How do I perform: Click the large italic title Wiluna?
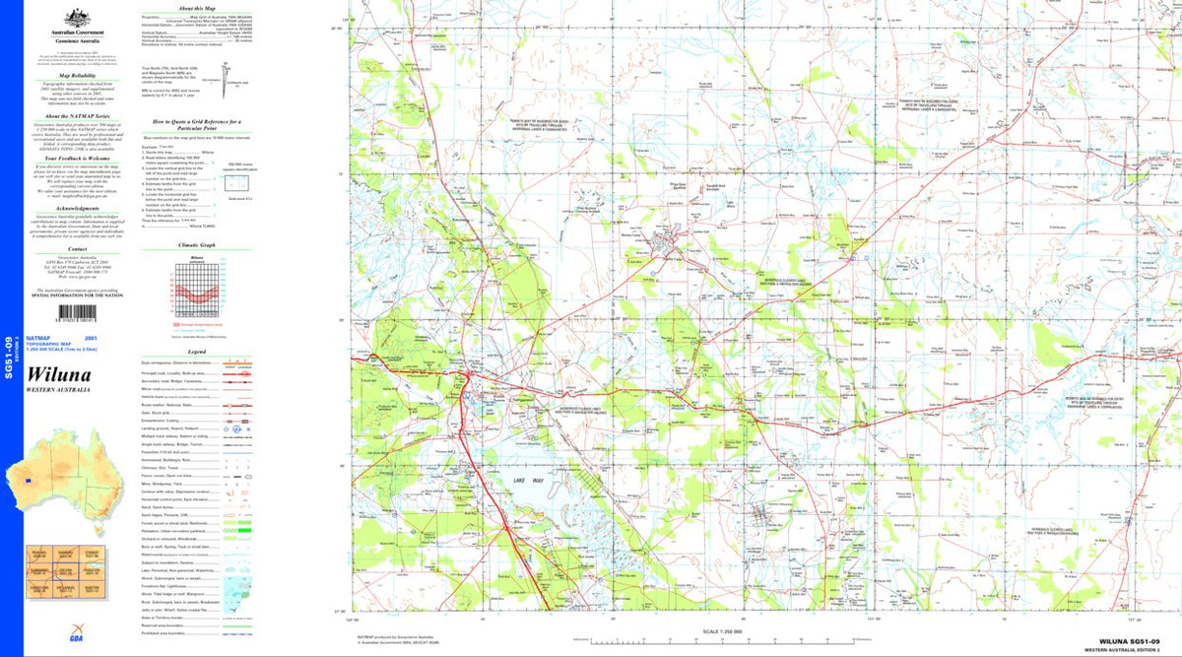(61, 375)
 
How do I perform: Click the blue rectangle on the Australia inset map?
(31, 481)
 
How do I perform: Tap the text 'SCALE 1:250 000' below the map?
(722, 631)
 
